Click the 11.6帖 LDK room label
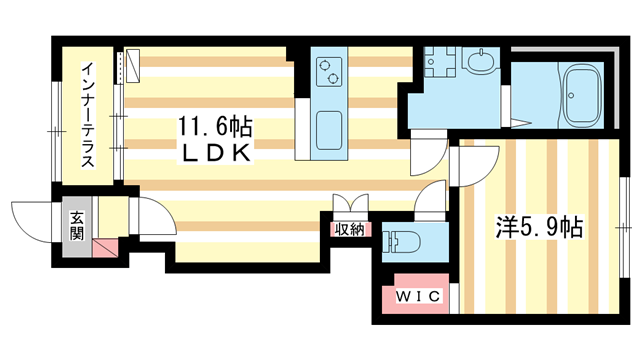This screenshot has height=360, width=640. [x=214, y=139]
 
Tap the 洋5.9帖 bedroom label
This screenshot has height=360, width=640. [x=539, y=228]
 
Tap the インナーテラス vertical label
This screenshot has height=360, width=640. [x=88, y=114]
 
